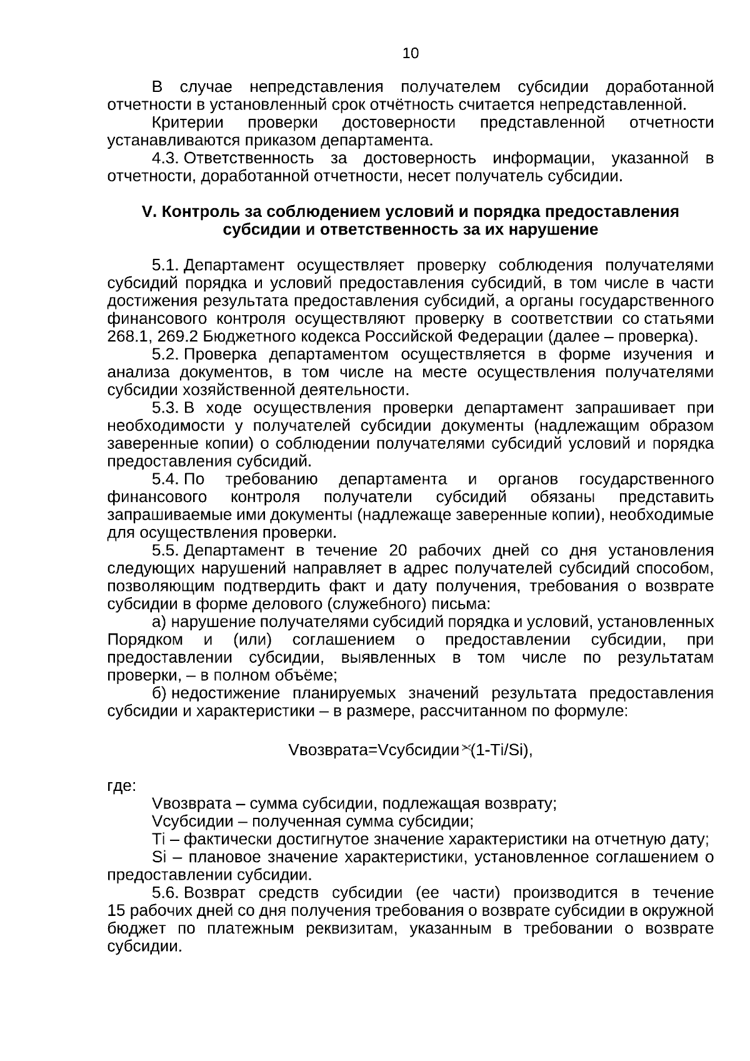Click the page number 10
click(x=411, y=54)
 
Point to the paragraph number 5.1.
click(x=166, y=266)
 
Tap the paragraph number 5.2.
click(x=166, y=355)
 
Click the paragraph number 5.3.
click(x=166, y=408)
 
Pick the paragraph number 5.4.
click(x=166, y=480)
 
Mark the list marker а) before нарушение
click(x=159, y=622)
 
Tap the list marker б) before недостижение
click(x=159, y=693)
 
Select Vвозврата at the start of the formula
click(x=319, y=750)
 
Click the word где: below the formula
click(x=121, y=787)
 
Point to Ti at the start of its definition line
click(x=157, y=840)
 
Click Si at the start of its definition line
click(x=157, y=857)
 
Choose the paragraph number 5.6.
click(x=166, y=893)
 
